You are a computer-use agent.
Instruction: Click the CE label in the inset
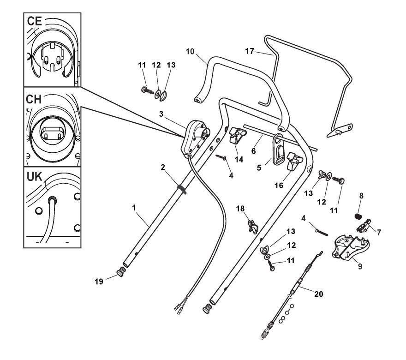[x=34, y=21]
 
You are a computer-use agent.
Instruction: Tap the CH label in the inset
[x=34, y=99]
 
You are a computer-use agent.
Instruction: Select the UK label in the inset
[x=34, y=177]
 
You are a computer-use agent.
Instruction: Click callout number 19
[x=99, y=282]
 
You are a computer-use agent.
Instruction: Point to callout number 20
[x=319, y=294]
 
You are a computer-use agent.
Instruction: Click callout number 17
[x=250, y=51]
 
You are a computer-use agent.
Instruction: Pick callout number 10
[x=190, y=52]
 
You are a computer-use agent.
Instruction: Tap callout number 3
[x=161, y=114]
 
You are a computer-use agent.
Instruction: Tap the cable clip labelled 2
[x=182, y=189]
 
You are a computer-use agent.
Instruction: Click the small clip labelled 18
[x=252, y=225]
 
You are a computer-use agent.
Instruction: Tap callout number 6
[x=253, y=151]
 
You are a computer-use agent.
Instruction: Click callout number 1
[x=134, y=208]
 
